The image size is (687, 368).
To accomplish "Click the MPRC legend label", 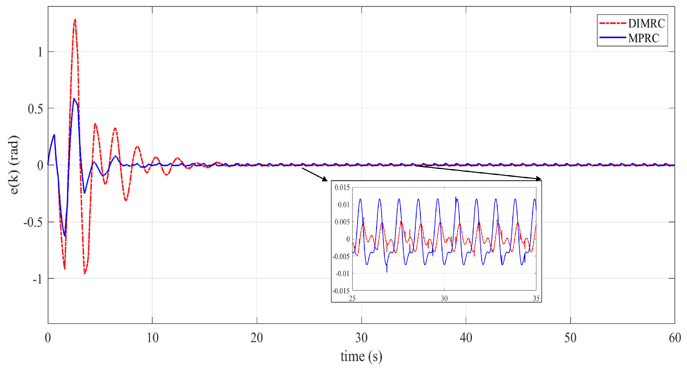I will [644, 38].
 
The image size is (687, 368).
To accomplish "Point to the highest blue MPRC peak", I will [74, 98].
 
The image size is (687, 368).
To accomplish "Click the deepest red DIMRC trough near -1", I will [84, 274].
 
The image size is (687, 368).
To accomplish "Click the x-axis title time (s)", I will [361, 356].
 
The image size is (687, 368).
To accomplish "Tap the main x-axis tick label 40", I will [466, 338].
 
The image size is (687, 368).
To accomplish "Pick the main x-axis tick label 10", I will [153, 338].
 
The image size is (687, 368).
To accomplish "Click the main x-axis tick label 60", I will [675, 338].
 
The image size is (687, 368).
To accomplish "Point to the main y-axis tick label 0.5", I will [35, 109].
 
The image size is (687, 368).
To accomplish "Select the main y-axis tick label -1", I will [37, 279].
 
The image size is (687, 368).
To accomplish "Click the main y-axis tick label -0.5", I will [33, 222].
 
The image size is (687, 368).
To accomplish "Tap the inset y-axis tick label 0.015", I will [342, 188].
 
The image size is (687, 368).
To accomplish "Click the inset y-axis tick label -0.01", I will [342, 274].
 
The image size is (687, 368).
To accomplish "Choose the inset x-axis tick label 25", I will [352, 298].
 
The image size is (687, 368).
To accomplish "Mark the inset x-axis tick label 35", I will [536, 298].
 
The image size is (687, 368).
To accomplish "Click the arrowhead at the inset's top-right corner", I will [539, 179].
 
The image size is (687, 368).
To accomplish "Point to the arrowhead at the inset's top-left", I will [325, 179].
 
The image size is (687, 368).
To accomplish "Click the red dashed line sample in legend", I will [612, 23].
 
